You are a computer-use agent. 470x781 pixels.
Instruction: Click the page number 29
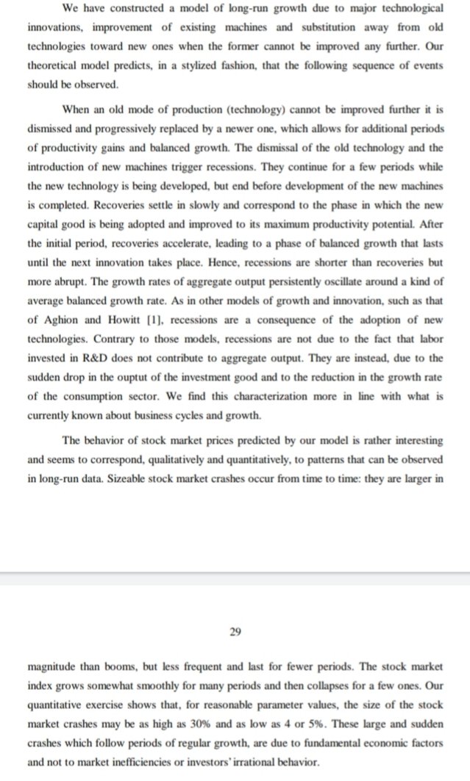pyautogui.click(x=235, y=630)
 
